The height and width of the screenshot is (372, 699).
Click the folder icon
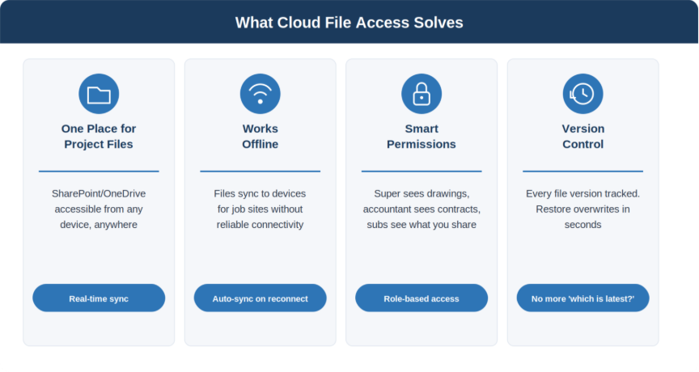point(99,94)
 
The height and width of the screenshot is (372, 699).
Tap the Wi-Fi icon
point(260,94)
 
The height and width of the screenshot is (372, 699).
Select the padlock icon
point(422,94)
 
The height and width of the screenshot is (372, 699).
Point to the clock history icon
point(582,94)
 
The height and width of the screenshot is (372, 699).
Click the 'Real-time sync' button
point(99,298)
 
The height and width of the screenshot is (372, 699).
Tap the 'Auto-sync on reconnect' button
point(260,298)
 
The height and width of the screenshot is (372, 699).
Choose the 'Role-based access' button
point(422,298)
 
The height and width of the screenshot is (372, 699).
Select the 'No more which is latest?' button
point(582,298)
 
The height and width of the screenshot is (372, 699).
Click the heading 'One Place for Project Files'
point(99,137)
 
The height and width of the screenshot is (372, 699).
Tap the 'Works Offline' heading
point(260,137)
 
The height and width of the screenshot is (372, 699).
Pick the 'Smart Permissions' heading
point(422,137)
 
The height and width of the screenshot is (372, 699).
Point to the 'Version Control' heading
point(582,137)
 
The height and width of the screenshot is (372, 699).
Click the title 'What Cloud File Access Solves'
point(349,23)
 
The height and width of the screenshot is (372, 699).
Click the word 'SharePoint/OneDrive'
point(99,194)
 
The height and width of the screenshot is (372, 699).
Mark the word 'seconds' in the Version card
point(582,225)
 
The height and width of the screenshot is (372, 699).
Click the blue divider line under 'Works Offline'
point(260,171)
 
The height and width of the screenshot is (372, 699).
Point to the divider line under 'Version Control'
point(582,171)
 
